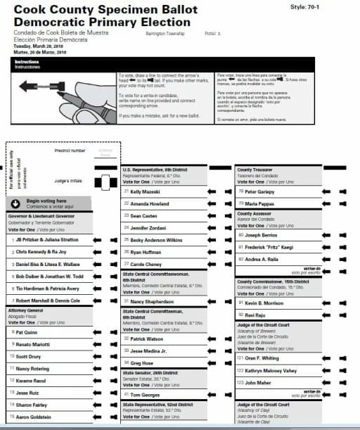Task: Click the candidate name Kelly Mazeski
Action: [x=146, y=191]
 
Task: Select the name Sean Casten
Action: [x=143, y=215]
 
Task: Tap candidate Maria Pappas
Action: [x=259, y=203]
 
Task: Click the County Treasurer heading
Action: [x=255, y=170]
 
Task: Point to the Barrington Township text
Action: [x=165, y=33]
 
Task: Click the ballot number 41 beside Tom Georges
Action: [x=126, y=395]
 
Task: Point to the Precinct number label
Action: [x=69, y=150]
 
